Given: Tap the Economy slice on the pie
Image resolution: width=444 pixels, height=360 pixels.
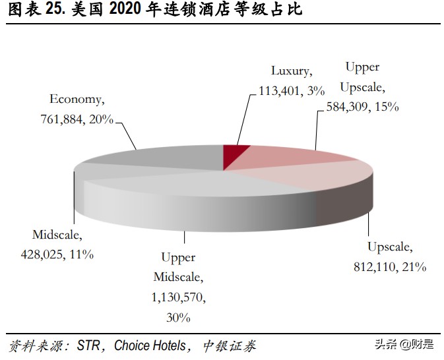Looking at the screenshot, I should (165, 157).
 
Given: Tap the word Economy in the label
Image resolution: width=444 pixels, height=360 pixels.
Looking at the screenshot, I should (77, 100).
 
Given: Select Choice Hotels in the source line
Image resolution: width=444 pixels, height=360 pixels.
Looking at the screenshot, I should (152, 345).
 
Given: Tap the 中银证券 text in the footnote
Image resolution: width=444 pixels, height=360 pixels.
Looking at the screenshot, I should (229, 345).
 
